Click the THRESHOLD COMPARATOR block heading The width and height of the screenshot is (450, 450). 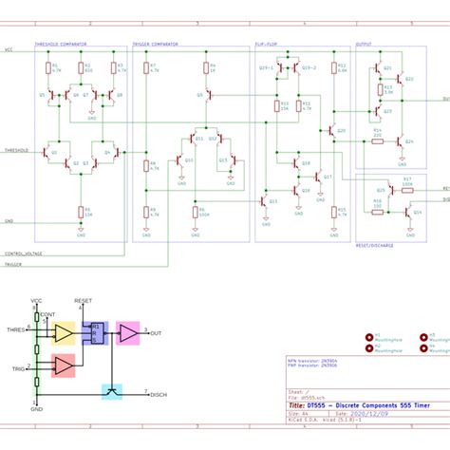click(61, 44)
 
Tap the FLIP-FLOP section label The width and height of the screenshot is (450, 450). click(266, 44)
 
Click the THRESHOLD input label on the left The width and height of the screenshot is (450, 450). click(17, 150)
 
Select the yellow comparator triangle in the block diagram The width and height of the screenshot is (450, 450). click(63, 333)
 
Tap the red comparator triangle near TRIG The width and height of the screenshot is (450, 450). click(63, 366)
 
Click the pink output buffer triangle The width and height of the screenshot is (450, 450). click(126, 333)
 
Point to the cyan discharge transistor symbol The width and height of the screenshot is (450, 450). click(112, 389)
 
